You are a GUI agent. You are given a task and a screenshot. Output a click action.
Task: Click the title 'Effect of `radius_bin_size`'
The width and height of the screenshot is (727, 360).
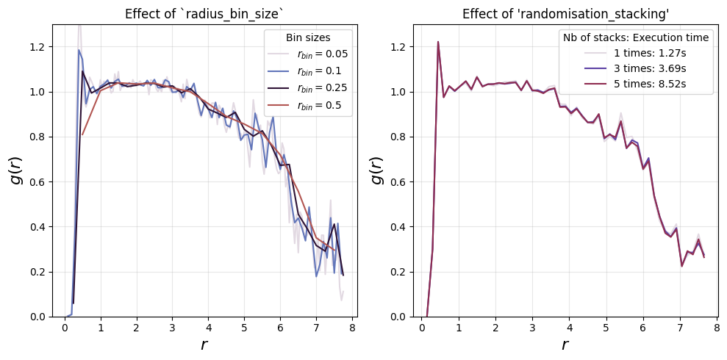click(205, 14)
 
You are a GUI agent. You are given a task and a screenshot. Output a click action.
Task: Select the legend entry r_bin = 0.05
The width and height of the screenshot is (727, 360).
click(308, 54)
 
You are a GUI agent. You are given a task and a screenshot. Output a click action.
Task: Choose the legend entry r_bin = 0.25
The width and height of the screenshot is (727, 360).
click(308, 88)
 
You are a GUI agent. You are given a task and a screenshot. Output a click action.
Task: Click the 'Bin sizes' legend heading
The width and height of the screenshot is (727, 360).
click(308, 38)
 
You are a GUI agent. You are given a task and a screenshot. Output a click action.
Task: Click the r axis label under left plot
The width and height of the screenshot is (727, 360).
click(204, 345)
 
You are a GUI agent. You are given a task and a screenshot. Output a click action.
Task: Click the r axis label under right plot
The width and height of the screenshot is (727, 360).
click(565, 345)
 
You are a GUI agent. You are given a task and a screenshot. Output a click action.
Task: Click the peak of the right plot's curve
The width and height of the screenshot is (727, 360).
click(437, 42)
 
